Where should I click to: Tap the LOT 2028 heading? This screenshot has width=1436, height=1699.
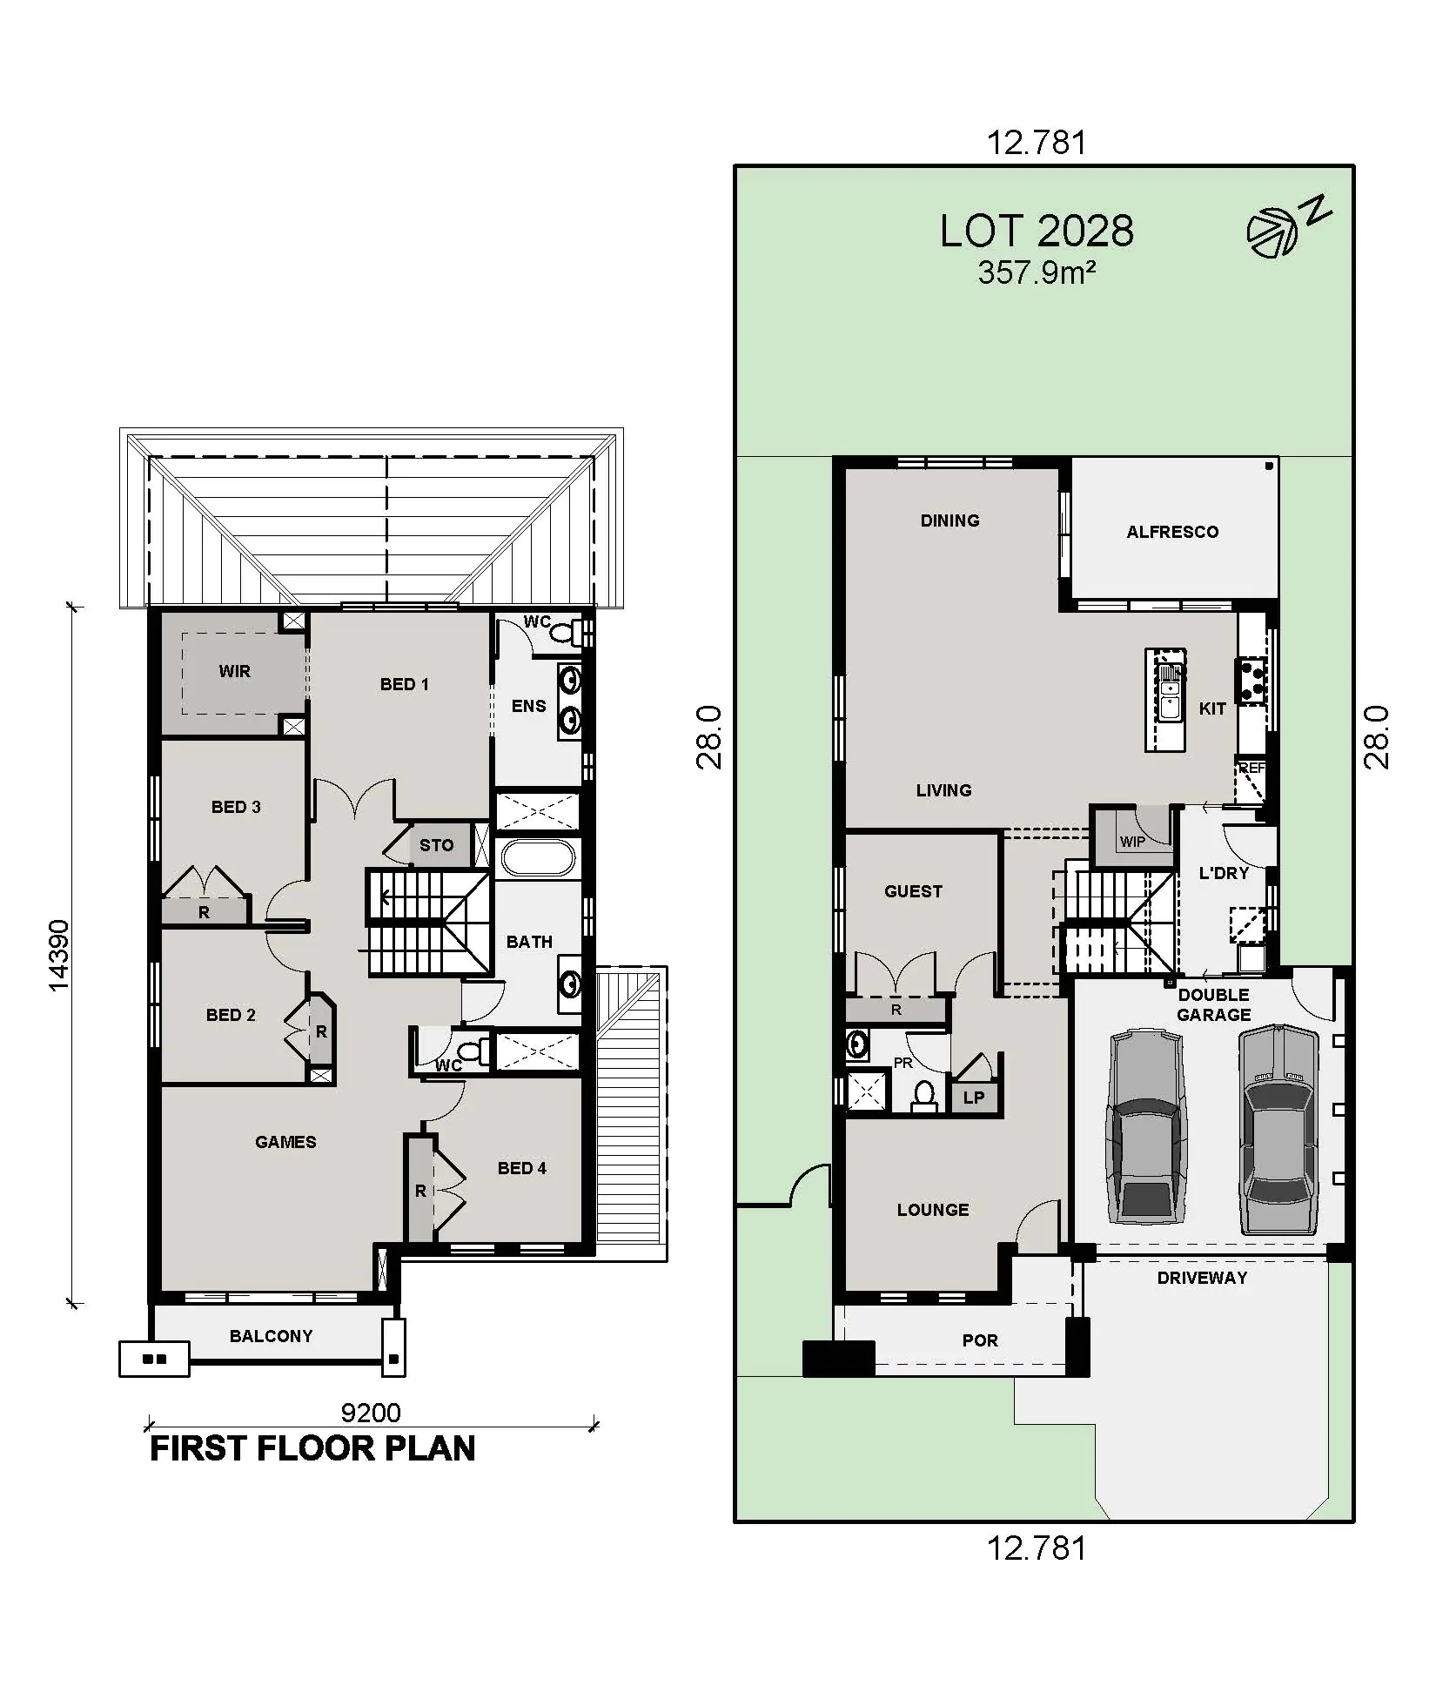(1037, 232)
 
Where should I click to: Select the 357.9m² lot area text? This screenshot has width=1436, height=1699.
(1037, 273)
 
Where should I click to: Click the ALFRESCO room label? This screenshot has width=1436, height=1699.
(1172, 532)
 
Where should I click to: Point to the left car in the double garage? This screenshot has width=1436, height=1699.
(1146, 1127)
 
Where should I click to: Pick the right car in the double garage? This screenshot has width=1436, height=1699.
(1278, 1129)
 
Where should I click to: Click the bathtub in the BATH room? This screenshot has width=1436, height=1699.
(539, 857)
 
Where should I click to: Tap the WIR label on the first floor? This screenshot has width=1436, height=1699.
(235, 671)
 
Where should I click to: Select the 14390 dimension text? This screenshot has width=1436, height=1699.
(58, 955)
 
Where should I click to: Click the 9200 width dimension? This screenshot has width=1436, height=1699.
(371, 1413)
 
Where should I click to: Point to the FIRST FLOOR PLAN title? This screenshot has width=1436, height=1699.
(313, 1448)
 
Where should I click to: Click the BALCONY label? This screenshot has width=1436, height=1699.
(271, 1336)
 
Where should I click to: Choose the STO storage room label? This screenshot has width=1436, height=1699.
(437, 845)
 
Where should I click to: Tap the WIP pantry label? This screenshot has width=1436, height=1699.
(1132, 842)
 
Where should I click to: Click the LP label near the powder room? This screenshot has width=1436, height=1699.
(974, 1098)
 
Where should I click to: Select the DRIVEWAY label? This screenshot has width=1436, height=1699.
(1202, 1278)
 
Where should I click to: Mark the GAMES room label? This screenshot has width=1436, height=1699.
(285, 1142)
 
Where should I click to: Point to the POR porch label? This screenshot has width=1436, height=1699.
(980, 1340)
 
